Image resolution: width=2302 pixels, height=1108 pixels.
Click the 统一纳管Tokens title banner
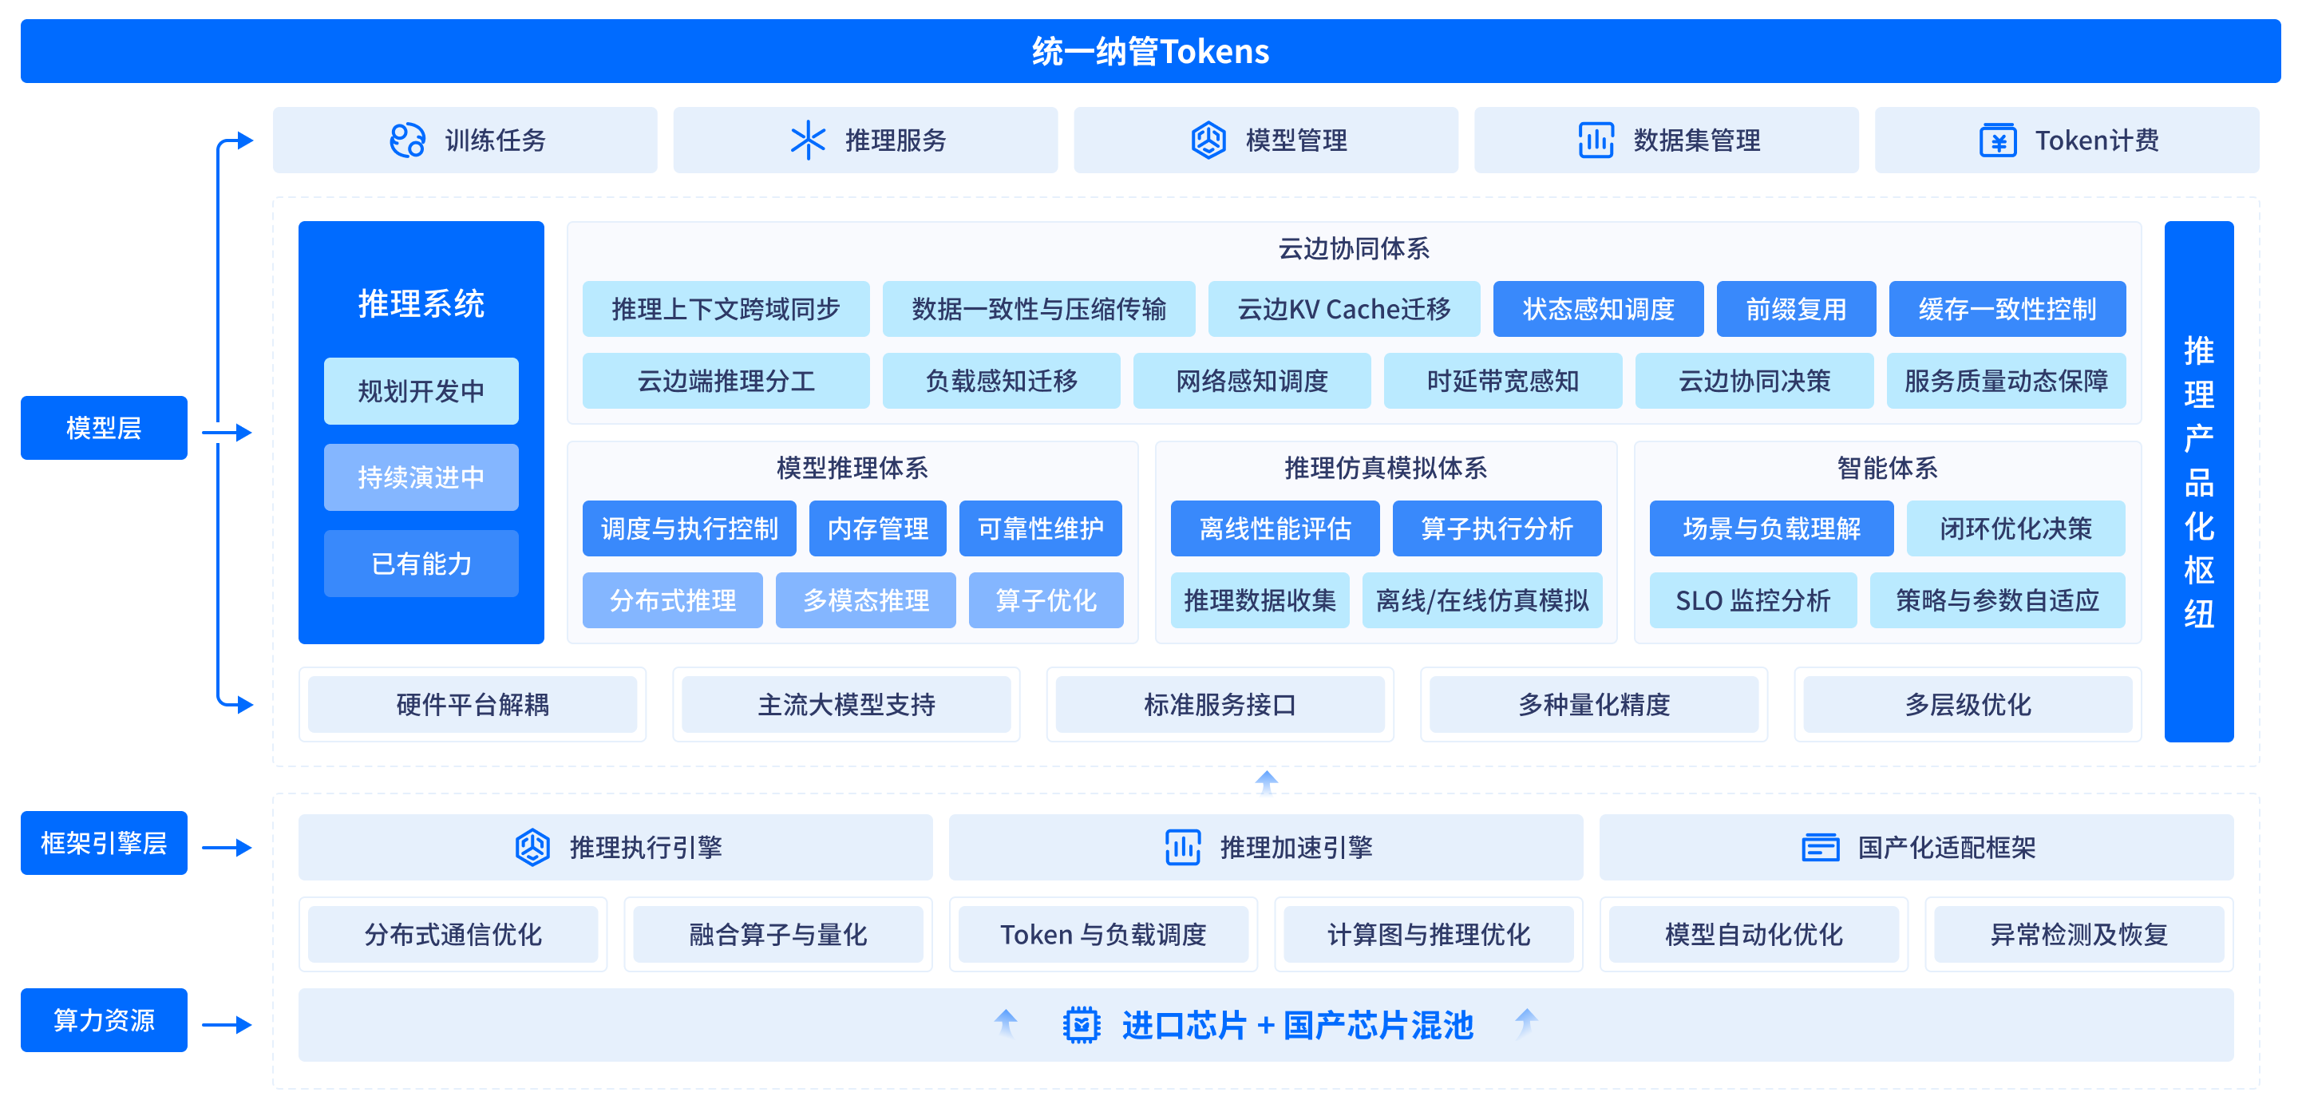coord(1150,51)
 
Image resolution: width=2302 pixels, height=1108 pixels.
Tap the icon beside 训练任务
coord(408,140)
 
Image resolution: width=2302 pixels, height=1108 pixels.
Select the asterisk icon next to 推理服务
coord(808,140)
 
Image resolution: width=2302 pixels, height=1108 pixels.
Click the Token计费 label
coord(2096,140)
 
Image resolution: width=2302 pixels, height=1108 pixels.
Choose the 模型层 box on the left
coord(104,428)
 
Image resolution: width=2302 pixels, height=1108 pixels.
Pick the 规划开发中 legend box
coord(421,391)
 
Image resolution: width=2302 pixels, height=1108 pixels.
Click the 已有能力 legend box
coord(421,564)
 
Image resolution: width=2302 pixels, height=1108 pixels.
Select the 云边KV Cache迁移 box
coord(1344,309)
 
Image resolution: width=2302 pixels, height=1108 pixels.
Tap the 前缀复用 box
coord(1796,309)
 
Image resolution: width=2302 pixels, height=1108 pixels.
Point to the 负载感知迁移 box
coord(1001,382)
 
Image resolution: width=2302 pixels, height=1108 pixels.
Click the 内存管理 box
coord(877,529)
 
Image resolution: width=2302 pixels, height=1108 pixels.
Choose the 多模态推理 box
coord(865,600)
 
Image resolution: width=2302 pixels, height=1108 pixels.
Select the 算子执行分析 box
coord(1497,529)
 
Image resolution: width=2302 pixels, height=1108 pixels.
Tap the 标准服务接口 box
coord(1220,705)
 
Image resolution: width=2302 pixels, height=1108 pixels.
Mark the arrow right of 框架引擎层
coord(227,847)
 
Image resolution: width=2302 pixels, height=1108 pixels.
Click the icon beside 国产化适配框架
coord(1821,847)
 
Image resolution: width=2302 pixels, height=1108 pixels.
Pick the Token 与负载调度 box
coord(1103,935)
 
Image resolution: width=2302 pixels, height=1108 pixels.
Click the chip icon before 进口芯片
coord(1081,1025)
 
